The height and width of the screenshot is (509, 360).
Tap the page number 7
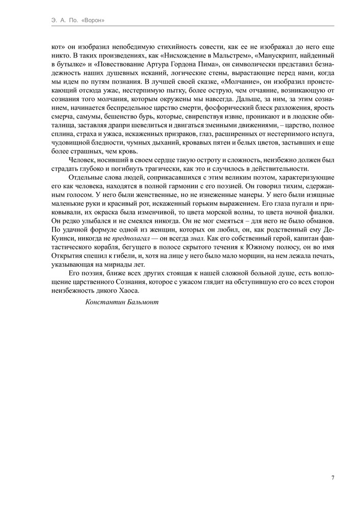[333, 477]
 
